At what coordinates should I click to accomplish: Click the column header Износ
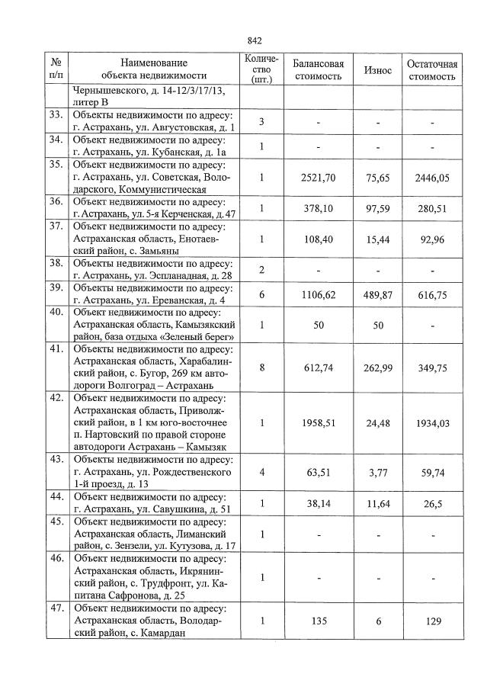coord(377,70)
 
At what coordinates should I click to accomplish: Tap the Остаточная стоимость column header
coord(432,70)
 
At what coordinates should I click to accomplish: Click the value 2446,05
coord(432,177)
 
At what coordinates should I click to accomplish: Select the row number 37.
coord(55,226)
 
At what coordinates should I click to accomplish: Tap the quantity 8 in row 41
coord(261,367)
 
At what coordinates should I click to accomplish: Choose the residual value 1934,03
coord(432,422)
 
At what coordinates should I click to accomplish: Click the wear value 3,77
coord(377,472)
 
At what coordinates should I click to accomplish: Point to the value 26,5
coord(432,503)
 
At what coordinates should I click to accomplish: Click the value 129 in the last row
coord(433,621)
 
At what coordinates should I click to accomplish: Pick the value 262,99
coord(377,367)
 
